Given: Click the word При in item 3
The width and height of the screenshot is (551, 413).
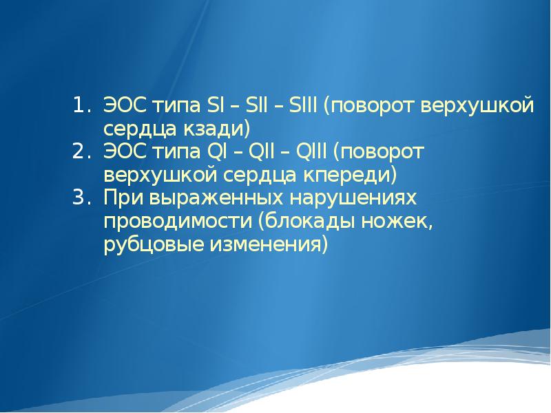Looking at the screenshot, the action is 124,198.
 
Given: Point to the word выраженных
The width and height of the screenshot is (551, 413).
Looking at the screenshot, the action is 216,198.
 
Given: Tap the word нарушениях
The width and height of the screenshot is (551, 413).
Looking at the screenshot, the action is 353,198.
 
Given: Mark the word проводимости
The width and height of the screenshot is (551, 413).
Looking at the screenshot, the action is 178,221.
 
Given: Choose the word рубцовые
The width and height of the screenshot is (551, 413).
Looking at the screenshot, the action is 154,244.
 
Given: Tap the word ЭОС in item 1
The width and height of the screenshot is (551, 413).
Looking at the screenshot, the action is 125,105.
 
